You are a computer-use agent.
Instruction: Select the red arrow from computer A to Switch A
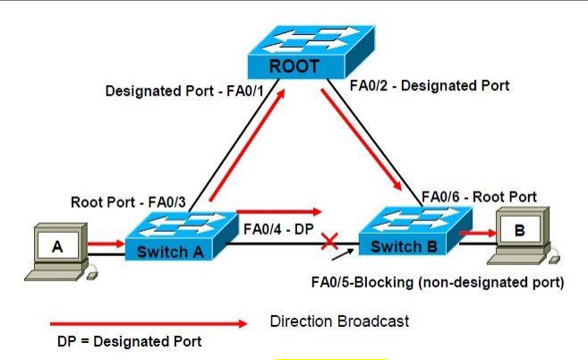click(106, 242)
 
